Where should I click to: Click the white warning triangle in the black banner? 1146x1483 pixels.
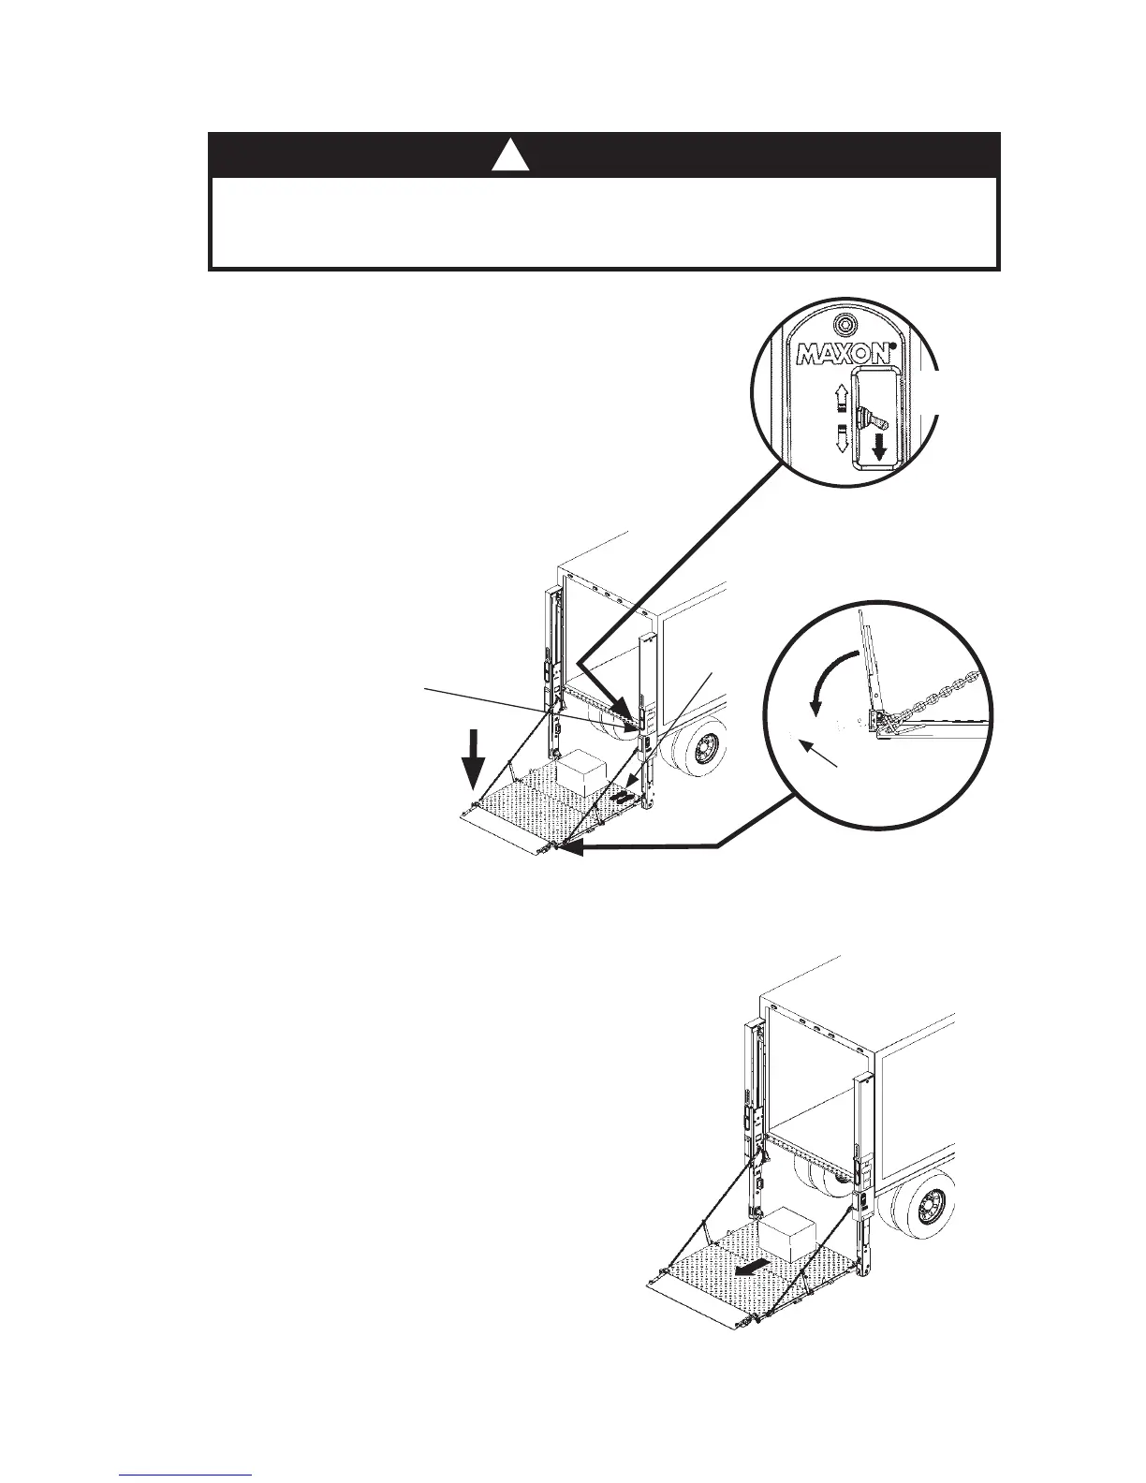point(511,156)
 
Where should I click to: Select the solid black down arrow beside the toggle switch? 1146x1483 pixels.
point(879,452)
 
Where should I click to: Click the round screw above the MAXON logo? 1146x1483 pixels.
point(844,324)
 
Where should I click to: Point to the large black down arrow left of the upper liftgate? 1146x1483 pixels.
point(476,763)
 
